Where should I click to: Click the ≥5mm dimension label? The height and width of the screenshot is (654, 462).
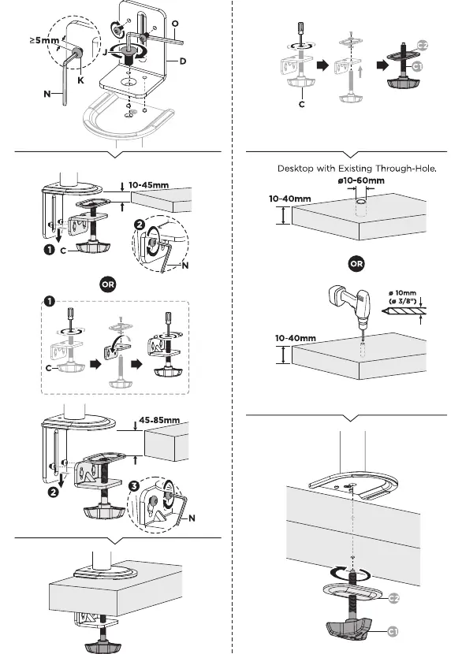click(45, 40)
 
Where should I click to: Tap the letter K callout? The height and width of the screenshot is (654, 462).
click(80, 80)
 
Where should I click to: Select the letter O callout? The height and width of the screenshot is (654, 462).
click(175, 24)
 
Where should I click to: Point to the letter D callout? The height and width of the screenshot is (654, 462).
click(183, 61)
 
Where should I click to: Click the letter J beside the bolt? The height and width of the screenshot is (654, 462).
click(105, 53)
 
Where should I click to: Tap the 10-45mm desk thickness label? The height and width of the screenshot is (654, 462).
click(149, 184)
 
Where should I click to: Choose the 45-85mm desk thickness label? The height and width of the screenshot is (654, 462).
click(159, 420)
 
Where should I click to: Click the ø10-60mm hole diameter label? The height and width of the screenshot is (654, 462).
click(361, 180)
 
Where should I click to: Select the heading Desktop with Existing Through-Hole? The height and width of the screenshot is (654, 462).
click(357, 169)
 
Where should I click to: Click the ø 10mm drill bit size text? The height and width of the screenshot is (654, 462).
click(402, 293)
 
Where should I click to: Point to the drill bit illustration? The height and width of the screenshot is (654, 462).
click(404, 310)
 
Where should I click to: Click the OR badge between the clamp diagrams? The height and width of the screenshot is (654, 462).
click(108, 284)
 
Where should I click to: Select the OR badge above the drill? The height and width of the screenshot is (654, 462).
click(356, 264)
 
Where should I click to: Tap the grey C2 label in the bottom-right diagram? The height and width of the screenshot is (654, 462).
click(393, 598)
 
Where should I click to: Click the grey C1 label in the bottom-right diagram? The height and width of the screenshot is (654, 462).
click(393, 631)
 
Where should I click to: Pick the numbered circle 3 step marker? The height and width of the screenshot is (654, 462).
click(133, 486)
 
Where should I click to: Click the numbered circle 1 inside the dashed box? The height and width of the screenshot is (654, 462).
click(49, 301)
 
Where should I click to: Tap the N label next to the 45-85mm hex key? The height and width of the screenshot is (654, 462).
click(192, 518)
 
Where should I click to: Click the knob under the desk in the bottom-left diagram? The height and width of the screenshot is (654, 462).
click(102, 646)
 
